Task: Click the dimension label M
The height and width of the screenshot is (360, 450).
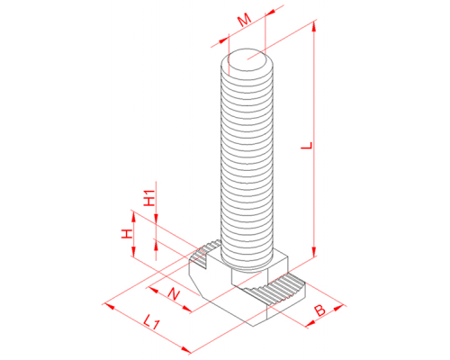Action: tap(245, 21)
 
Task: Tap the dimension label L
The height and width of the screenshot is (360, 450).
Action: tap(307, 146)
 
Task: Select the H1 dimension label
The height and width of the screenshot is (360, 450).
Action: tap(149, 198)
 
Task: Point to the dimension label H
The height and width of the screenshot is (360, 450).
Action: tap(127, 234)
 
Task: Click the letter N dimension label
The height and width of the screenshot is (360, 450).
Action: tap(174, 294)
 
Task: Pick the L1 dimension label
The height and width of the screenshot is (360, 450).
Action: tap(151, 322)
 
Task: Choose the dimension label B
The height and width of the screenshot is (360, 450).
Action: tap(319, 310)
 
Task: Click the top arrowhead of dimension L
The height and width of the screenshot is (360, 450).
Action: tap(314, 26)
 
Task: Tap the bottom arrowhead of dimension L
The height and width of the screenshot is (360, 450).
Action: tap(314, 252)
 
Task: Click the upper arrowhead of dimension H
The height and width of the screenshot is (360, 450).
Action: tap(133, 217)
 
